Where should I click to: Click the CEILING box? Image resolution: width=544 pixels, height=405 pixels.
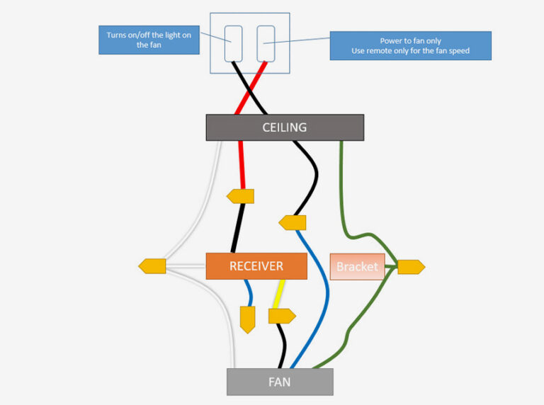tap(285, 127)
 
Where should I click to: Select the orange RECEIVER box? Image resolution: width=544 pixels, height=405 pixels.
tap(256, 266)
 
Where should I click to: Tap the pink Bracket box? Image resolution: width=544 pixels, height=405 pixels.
tap(357, 267)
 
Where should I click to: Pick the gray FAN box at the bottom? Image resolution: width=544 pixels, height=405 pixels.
tap(280, 382)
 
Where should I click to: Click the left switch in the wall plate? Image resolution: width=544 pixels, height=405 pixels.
tap(234, 42)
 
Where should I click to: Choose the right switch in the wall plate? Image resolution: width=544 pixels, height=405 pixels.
tap(265, 42)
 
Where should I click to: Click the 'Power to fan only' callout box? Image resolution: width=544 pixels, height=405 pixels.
tap(410, 46)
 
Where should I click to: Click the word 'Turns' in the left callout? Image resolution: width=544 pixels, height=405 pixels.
tap(118, 35)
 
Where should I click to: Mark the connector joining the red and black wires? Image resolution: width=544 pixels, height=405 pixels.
tap(240, 196)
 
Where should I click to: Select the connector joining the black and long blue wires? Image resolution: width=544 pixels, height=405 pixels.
tap(293, 223)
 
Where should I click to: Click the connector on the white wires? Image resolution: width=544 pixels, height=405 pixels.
tap(152, 266)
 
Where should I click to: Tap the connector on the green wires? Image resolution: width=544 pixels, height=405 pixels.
tap(411, 267)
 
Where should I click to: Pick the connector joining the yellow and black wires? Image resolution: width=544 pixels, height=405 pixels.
tap(282, 316)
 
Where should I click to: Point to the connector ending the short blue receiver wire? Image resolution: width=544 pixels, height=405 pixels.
tap(247, 319)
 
